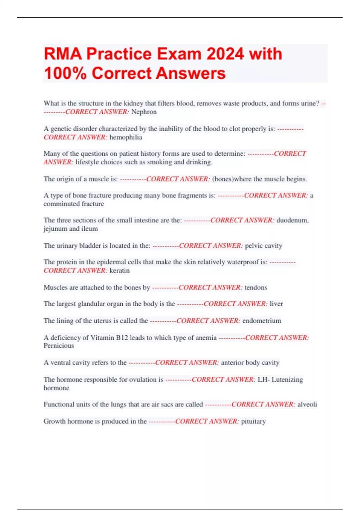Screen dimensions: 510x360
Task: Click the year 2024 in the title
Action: pyautogui.click(x=225, y=54)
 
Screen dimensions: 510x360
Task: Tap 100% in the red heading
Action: pyautogui.click(x=65, y=73)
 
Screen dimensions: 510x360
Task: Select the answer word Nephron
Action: pyautogui.click(x=144, y=112)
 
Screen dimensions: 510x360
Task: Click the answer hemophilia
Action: pyautogui.click(x=126, y=137)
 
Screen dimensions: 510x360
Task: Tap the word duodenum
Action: pyautogui.click(x=292, y=220)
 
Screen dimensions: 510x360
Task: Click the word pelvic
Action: pyautogui.click(x=254, y=246)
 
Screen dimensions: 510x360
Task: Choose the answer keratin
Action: pyautogui.click(x=119, y=271)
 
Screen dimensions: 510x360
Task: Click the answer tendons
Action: pyautogui.click(x=256, y=287)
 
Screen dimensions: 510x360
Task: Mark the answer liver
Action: pyautogui.click(x=276, y=304)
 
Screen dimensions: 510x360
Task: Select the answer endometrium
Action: pyautogui.click(x=262, y=321)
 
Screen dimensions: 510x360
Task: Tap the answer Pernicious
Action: pyautogui.click(x=59, y=346)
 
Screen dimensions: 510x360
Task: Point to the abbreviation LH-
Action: pyautogui.click(x=263, y=379)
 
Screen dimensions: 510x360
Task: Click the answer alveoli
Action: pyautogui.click(x=307, y=404)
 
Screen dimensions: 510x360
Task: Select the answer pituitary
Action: pyautogui.click(x=253, y=421)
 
